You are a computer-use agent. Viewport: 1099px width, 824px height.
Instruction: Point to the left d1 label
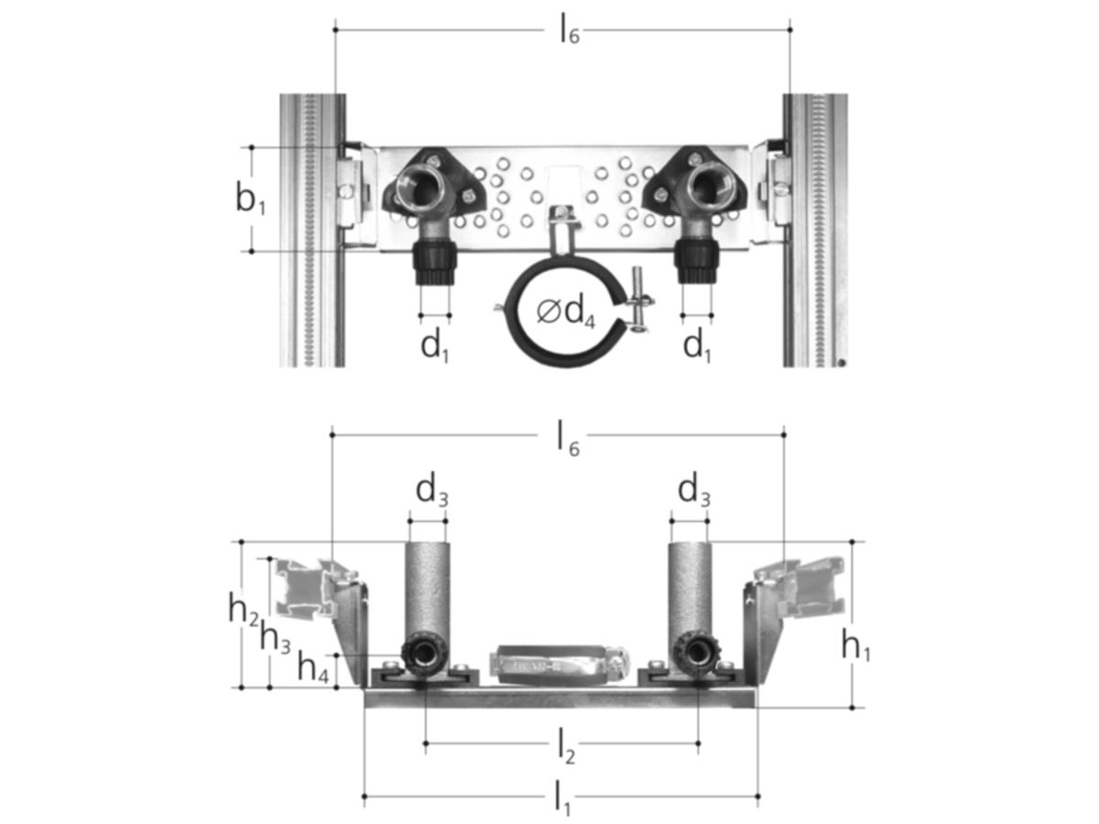[435, 346]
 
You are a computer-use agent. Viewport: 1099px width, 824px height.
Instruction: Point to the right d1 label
[696, 346]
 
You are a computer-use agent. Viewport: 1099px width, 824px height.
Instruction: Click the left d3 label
[431, 492]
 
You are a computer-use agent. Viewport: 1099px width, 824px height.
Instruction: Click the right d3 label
[693, 492]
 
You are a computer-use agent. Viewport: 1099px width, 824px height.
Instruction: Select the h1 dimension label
[855, 645]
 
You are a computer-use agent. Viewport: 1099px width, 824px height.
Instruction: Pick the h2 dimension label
[244, 611]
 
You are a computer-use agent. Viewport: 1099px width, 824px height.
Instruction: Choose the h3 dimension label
[275, 638]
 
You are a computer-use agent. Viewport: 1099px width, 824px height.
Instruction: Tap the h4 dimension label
[313, 667]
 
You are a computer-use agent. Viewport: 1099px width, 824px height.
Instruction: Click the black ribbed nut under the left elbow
[435, 262]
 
